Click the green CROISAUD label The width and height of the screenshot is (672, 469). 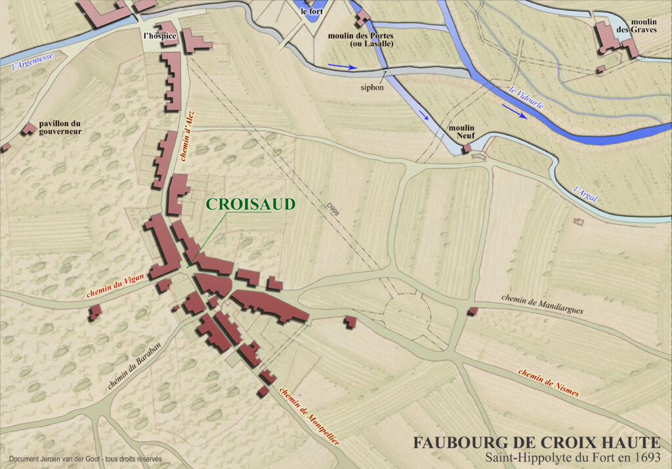[x=251, y=204]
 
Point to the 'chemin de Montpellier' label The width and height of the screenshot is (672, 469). [x=309, y=416]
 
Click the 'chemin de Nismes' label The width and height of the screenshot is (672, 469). [x=548, y=382]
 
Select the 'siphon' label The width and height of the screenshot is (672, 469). [x=371, y=87]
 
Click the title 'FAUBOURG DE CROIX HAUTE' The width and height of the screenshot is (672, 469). [x=535, y=443]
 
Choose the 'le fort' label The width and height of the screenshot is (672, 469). [x=312, y=12]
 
